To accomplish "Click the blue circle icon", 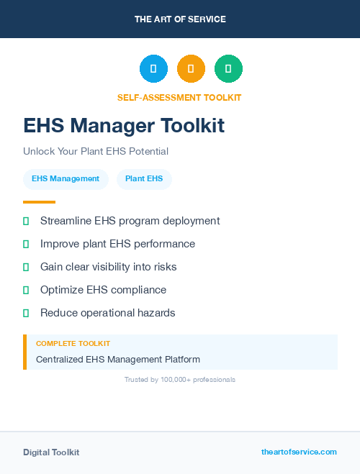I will [x=153, y=68].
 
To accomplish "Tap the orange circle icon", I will [x=191, y=68].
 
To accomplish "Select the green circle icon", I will [x=228, y=68].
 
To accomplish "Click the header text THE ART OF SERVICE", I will [x=180, y=19].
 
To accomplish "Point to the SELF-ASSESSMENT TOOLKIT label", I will [x=179, y=97].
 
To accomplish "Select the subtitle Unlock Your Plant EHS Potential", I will [x=96, y=152].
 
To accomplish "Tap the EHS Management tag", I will [x=66, y=179].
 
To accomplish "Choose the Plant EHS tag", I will [x=144, y=179].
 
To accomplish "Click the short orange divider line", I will [x=39, y=202].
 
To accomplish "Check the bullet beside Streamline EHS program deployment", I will [x=26, y=221].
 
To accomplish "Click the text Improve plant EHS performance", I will [x=117, y=244].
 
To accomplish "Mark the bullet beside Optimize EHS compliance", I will [x=26, y=290].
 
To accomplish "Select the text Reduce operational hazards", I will [x=107, y=313].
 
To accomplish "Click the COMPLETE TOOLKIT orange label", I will [x=73, y=344].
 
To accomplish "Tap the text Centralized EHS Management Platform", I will [x=118, y=359].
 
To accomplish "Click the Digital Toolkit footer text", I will [x=51, y=452].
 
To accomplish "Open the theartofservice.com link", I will [x=299, y=452].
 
